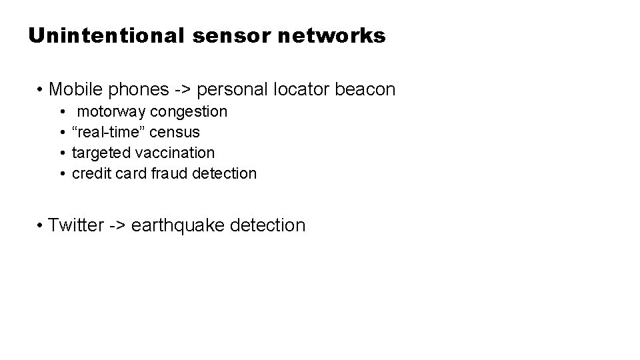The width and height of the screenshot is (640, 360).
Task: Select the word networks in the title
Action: tap(331, 35)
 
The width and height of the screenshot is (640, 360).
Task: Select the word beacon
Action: tap(367, 89)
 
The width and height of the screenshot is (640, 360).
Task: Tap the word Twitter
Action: tap(75, 225)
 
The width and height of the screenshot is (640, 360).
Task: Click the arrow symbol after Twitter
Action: tap(117, 225)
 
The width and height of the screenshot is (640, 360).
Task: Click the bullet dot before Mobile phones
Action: tap(41, 89)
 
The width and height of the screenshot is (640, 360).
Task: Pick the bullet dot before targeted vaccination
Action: tap(61, 153)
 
